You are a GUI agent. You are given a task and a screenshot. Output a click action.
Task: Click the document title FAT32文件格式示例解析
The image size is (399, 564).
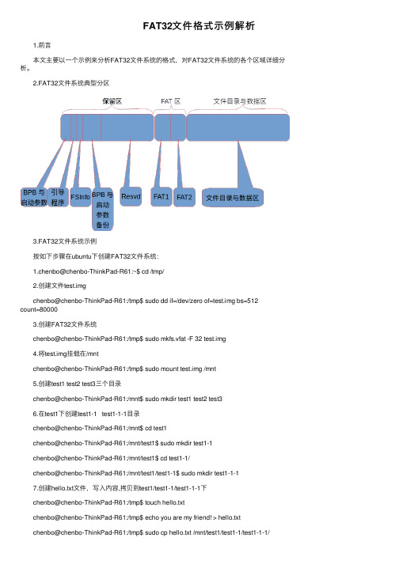coord(199,26)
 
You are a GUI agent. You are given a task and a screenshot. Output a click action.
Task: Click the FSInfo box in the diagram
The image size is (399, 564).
coord(80,197)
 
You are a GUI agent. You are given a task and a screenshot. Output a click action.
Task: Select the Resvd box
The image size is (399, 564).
coord(131,197)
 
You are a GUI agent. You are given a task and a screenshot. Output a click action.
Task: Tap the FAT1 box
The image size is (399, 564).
coord(161,197)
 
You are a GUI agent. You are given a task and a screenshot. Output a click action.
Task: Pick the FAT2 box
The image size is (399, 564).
coord(184,197)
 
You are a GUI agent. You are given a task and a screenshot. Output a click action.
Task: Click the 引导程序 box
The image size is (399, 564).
coord(58,198)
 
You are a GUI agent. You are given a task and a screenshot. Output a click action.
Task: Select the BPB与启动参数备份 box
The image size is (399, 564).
coord(103,210)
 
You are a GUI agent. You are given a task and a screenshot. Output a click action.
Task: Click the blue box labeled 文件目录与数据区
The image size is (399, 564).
coord(232,198)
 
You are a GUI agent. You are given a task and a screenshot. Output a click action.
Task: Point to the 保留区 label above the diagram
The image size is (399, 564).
coord(112,101)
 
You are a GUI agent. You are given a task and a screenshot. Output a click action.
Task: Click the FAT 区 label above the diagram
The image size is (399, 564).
coord(170,101)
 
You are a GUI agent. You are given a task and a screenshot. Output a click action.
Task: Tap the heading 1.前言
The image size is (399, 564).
coord(42,45)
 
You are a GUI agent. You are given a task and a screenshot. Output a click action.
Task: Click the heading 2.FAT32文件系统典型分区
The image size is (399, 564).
coord(71,83)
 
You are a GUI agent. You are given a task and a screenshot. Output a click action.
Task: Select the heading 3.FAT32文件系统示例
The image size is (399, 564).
coord(65,241)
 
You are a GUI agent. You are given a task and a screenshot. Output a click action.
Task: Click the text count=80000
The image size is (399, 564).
coord(39,309)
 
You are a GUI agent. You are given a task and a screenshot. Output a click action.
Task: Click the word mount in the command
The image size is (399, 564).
coord(169,369)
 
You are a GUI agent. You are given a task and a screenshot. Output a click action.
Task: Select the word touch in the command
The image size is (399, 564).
coord(153,502)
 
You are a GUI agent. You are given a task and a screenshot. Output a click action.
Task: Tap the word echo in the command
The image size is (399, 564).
coord(152,517)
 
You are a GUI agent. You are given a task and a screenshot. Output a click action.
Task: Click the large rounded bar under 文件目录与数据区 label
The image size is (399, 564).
coord(238,127)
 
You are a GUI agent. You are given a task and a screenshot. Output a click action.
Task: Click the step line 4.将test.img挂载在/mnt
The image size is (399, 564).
coord(66,354)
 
